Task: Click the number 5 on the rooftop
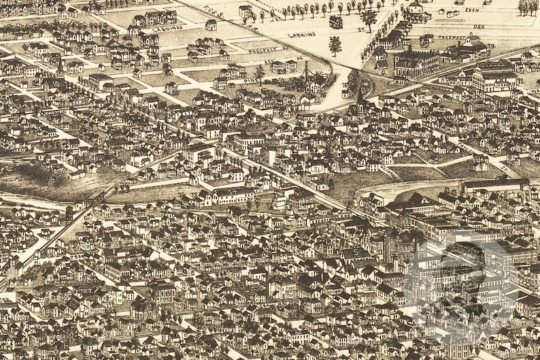click(356, 252)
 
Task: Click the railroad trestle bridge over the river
click(95, 198)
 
